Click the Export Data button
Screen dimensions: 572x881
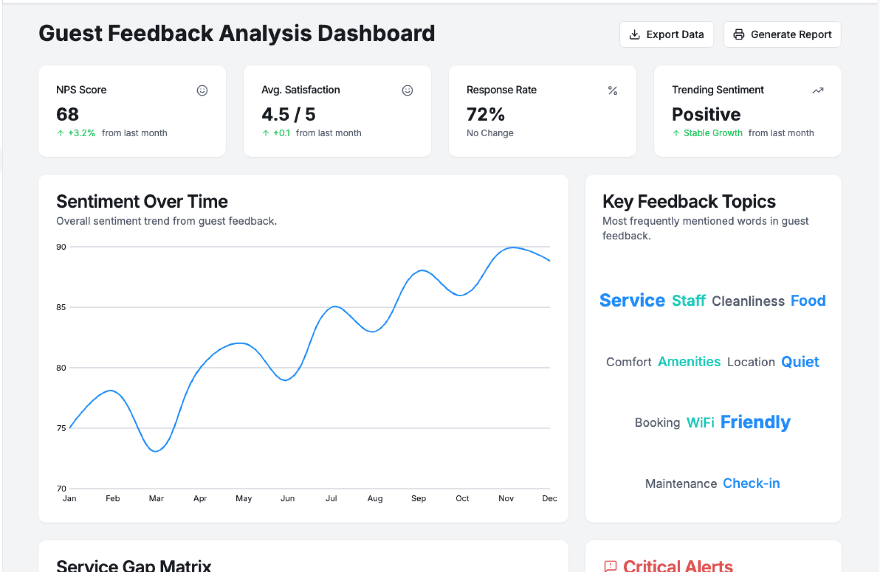(666, 34)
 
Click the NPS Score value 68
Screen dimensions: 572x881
(67, 114)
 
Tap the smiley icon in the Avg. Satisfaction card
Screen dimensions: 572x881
(407, 90)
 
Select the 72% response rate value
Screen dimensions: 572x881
(485, 114)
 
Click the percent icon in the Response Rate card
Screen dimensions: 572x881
(612, 90)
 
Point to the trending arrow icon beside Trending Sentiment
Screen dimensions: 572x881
(818, 90)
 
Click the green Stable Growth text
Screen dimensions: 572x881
(712, 133)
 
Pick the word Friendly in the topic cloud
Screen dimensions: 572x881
(755, 422)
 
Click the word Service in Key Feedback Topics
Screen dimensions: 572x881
(632, 301)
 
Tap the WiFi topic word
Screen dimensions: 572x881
(700, 423)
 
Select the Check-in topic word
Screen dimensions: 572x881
(751, 484)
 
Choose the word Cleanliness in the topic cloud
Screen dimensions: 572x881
(748, 301)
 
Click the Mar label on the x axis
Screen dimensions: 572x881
(156, 498)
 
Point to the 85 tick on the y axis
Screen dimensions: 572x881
(61, 307)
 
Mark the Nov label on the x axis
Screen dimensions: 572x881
(506, 498)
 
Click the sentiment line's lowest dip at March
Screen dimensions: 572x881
(156, 451)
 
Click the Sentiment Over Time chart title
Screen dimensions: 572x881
(142, 202)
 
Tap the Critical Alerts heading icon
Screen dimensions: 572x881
(610, 566)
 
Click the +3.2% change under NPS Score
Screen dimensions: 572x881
(81, 133)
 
